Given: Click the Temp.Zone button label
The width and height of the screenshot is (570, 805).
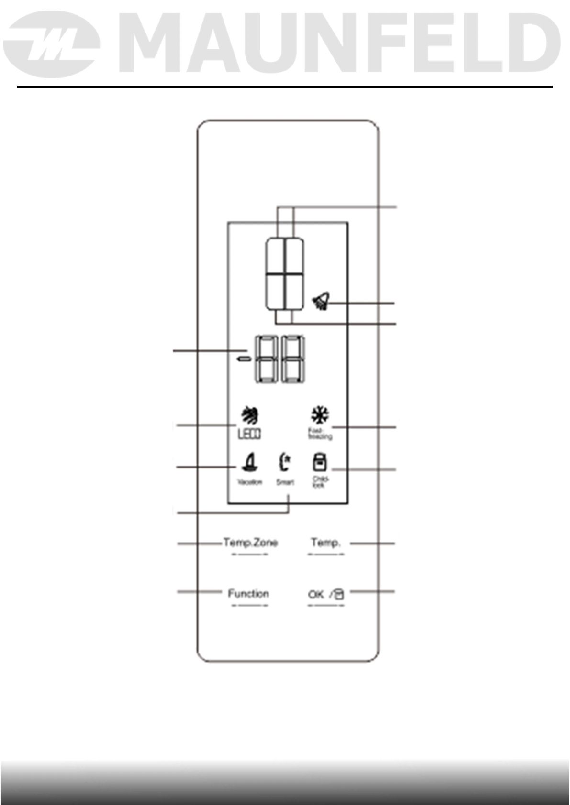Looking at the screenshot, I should pyautogui.click(x=250, y=543).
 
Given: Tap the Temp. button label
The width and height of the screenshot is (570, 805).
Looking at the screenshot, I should pyautogui.click(x=325, y=543).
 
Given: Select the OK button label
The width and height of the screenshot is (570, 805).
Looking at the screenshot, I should pyautogui.click(x=316, y=594).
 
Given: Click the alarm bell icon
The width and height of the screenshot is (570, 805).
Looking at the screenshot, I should pyautogui.click(x=321, y=302).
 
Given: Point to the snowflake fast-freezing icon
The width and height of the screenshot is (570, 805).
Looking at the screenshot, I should pyautogui.click(x=320, y=415).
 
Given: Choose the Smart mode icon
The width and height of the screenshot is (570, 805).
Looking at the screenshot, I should pyautogui.click(x=284, y=462).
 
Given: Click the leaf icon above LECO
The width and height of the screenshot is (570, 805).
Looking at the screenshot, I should pyautogui.click(x=250, y=415).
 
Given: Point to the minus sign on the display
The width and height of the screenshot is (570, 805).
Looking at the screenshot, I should pyautogui.click(x=245, y=358).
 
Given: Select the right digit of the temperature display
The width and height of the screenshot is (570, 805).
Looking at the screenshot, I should pyautogui.click(x=293, y=359).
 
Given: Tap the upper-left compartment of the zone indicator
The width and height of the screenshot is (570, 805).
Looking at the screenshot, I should pyautogui.click(x=276, y=255).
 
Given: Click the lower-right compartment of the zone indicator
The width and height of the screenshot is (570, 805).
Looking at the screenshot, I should pyautogui.click(x=294, y=292).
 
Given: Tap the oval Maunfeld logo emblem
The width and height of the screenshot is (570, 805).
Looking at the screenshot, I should pyautogui.click(x=52, y=44).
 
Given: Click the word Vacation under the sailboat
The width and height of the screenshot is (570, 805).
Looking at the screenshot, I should pyautogui.click(x=250, y=482).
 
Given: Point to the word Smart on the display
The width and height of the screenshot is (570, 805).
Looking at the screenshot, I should pyautogui.click(x=285, y=482).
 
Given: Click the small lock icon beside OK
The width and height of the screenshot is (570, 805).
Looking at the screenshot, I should pyautogui.click(x=338, y=595).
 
